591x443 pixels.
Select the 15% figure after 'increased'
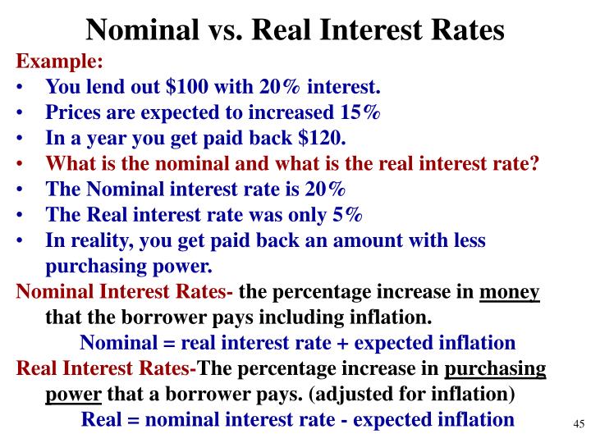coord(360,112)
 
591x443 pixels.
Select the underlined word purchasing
coord(495,368)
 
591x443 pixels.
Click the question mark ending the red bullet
coord(534,163)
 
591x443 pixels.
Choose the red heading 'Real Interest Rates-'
coord(107,368)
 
